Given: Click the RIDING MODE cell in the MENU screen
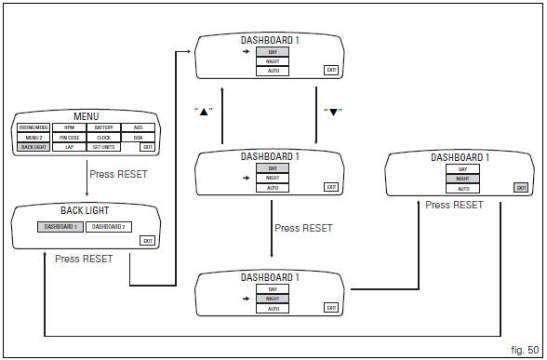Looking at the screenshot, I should (33, 127).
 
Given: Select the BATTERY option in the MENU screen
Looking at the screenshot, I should (103, 127).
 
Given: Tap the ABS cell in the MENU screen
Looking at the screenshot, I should (138, 127).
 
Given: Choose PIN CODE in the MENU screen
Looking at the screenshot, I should (69, 137).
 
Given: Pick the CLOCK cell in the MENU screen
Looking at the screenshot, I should (103, 137).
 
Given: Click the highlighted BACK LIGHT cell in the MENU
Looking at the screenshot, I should (33, 147).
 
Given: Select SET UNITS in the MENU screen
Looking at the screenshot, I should (103, 147).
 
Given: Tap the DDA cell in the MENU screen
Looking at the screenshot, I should (138, 137).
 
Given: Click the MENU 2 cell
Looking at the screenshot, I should (33, 137).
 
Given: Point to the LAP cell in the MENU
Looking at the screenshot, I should (69, 147).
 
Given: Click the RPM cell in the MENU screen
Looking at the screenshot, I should (69, 127).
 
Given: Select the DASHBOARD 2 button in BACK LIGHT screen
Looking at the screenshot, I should (109, 227).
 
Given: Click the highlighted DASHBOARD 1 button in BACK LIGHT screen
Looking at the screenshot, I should (61, 227).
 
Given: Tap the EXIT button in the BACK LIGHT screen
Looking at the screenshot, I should (147, 241).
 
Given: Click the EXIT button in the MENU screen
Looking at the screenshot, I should (147, 147).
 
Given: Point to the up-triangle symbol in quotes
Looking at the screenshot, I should (205, 111).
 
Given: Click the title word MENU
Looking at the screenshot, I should (86, 116).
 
